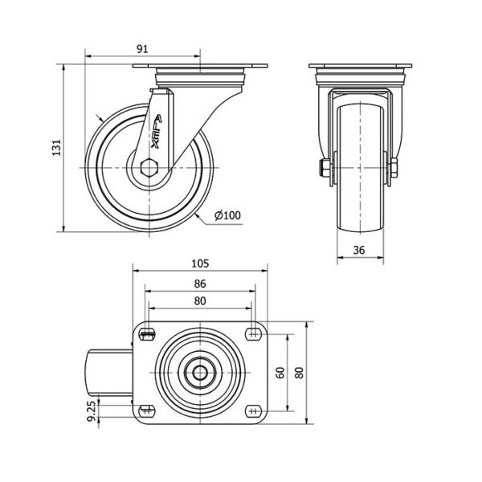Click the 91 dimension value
click(142, 49)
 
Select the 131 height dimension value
click(57, 148)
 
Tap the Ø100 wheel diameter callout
click(228, 215)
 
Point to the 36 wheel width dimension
click(359, 250)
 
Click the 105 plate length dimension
click(200, 263)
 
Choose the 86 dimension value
click(200, 284)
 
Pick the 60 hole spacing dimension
click(280, 373)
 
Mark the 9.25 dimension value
click(92, 413)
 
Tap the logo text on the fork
click(157, 132)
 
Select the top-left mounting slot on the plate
click(147, 333)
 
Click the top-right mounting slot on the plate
click(253, 333)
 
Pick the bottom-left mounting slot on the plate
click(147, 411)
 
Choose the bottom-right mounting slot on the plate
click(253, 411)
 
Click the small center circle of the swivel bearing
click(200, 373)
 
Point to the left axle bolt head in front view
click(325, 168)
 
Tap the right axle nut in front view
click(394, 168)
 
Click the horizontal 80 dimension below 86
click(200, 301)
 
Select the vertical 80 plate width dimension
click(300, 373)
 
